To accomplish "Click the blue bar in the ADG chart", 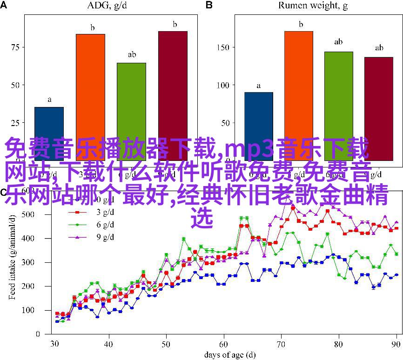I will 49,126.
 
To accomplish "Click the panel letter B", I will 209,6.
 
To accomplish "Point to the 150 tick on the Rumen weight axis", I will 223,47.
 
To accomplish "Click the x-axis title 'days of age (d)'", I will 226,354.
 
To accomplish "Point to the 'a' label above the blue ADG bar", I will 49,100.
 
